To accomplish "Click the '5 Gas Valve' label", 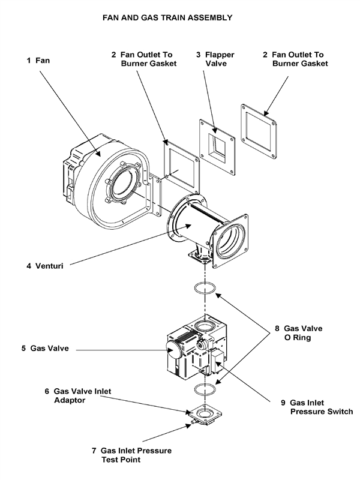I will [x=51, y=348].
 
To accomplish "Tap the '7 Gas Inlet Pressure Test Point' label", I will [x=136, y=455].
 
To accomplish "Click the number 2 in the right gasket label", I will [x=265, y=54].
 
